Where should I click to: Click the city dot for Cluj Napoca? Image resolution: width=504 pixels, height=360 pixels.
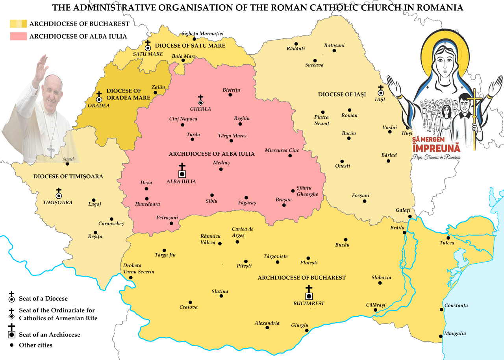click(183, 125)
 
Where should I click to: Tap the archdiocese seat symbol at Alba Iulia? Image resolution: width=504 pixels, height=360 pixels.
click(182, 174)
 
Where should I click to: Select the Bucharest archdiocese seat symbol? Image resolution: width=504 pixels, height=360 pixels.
click(309, 295)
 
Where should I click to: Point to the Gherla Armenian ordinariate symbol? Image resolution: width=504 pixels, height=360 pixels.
click(200, 102)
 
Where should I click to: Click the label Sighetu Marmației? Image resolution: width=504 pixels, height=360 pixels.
click(202, 33)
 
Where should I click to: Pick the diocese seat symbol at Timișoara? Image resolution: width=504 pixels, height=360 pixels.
click(59, 195)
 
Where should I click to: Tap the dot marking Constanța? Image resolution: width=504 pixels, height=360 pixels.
click(442, 310)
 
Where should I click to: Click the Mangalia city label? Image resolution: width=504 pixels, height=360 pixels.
click(455, 334)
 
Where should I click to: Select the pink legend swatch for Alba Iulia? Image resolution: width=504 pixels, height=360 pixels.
click(19, 36)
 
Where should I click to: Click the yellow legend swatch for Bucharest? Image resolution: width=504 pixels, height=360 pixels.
click(19, 24)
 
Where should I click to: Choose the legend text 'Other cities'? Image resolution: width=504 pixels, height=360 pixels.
click(35, 345)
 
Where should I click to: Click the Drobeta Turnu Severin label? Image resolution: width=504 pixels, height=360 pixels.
click(139, 268)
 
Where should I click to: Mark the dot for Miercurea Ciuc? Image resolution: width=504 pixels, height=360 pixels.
click(290, 156)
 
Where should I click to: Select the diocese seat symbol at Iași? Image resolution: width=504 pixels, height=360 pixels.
click(380, 93)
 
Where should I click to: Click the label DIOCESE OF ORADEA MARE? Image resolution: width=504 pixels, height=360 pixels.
click(125, 94)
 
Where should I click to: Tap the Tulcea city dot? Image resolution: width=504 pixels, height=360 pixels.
click(448, 238)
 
